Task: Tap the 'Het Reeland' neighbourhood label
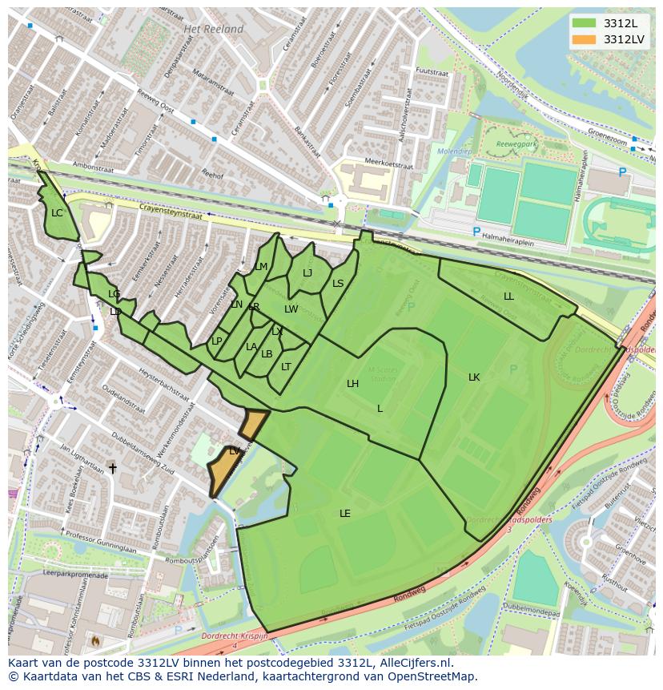point(213,29)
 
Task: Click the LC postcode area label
point(57,213)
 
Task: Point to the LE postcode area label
point(345,514)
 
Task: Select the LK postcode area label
point(474,377)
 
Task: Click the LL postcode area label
point(508,297)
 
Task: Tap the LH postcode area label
point(352,384)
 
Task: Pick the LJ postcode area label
point(307,273)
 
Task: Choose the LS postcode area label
point(338,284)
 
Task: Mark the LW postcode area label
point(291,309)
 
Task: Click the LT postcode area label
point(286,367)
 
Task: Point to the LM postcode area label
point(261,267)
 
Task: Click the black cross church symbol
point(113,468)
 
